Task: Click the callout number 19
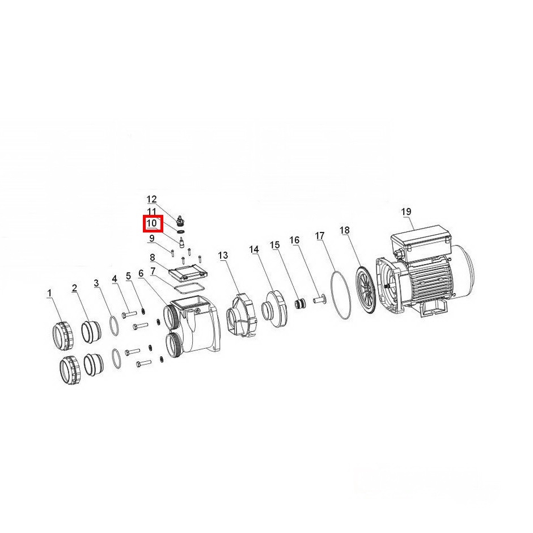point(406,211)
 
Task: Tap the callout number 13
point(223,255)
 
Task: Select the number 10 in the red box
point(151,223)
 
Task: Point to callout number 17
point(320,235)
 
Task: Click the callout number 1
point(50,293)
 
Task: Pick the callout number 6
point(141,273)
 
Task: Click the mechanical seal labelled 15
point(299,303)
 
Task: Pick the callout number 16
point(294,240)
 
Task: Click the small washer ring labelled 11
point(181,232)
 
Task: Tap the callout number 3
point(96,283)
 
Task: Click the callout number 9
point(151,238)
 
